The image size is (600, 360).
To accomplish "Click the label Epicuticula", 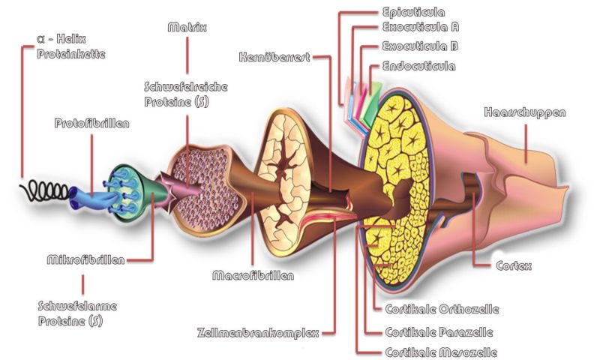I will pos(413,12).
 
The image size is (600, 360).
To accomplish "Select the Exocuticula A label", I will pos(420,29).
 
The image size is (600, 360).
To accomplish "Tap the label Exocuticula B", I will pos(420,46).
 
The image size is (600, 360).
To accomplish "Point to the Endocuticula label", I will pos(418,66).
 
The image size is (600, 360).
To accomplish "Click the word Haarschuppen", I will pos(525,113).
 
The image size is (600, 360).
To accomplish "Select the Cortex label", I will pos(514,265).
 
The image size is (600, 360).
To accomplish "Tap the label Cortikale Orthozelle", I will pos(442,308).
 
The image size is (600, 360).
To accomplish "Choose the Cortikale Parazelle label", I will pos(439,331).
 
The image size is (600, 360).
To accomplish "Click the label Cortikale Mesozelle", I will pos(441,352).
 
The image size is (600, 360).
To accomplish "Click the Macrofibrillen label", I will pos(253,275).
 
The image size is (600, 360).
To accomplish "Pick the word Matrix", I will pos(187,28).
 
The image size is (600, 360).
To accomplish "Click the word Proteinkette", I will pos(72,53).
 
